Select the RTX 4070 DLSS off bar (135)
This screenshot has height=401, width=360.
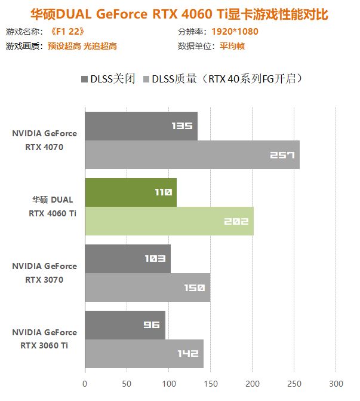(x=141, y=126)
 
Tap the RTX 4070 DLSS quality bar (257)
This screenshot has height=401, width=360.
(x=192, y=155)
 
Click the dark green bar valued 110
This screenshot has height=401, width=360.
(x=130, y=192)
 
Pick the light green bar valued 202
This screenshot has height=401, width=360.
(x=169, y=221)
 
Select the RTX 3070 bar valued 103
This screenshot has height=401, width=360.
(x=128, y=259)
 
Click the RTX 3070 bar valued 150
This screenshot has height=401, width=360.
(x=147, y=287)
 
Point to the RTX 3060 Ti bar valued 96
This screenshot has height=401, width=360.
(x=125, y=325)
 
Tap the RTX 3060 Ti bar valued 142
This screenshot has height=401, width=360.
(x=144, y=354)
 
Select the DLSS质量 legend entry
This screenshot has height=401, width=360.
(x=222, y=79)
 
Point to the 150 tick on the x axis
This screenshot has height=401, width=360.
(x=210, y=383)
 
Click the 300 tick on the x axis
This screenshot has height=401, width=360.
(x=336, y=383)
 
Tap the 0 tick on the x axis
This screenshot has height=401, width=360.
(x=85, y=383)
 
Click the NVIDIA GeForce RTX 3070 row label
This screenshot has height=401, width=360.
(x=44, y=273)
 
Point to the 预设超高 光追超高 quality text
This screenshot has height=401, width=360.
(x=81, y=46)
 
